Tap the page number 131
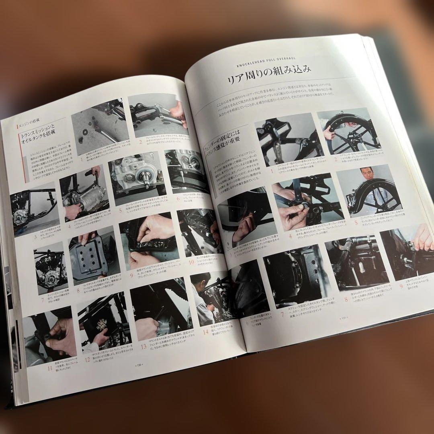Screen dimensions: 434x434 343,317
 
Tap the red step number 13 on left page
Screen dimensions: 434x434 143,346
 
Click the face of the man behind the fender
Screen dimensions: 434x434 366,176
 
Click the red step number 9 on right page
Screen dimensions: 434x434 401,287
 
